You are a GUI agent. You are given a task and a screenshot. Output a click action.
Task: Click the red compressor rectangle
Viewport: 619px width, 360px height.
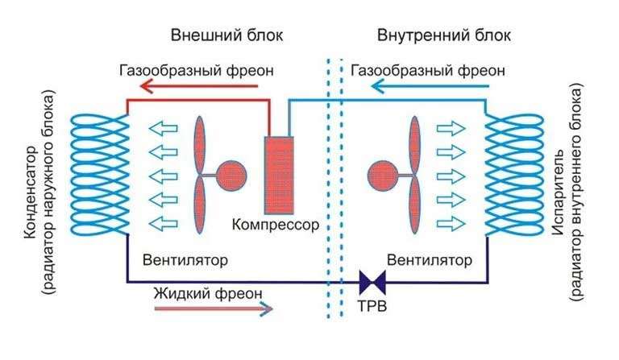[279, 176]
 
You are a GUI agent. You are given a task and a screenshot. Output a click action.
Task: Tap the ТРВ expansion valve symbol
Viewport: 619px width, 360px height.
[372, 283]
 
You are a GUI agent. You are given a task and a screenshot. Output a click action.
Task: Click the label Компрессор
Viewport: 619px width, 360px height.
[275, 225]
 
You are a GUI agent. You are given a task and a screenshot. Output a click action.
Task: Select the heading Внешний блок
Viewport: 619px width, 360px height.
[227, 35]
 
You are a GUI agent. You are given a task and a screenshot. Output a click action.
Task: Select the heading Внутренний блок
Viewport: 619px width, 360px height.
[444, 35]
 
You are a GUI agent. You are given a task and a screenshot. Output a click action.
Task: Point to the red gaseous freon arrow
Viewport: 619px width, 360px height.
[199, 86]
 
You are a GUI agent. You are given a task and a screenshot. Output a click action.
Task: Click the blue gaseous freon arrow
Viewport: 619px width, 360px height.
[430, 86]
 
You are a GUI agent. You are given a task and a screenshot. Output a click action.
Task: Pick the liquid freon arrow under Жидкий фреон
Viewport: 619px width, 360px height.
[213, 308]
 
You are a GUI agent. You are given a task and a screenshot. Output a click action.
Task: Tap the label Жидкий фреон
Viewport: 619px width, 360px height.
[208, 293]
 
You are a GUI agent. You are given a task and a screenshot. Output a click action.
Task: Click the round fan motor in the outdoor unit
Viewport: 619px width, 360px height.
[231, 176]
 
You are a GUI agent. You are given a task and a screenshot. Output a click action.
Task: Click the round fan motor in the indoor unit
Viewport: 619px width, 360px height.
[383, 176]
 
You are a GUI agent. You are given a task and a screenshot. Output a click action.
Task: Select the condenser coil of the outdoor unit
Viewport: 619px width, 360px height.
[99, 173]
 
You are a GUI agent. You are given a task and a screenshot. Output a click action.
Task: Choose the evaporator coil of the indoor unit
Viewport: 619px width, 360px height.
[514, 173]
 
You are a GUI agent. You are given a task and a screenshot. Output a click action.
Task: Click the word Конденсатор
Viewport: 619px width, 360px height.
[31, 192]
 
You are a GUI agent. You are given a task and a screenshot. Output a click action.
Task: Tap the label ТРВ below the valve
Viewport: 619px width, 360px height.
[372, 306]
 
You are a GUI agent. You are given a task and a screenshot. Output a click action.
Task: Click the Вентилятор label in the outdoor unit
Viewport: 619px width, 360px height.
[185, 260]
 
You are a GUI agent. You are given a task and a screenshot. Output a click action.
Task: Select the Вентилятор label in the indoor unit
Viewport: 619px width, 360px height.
[429, 260]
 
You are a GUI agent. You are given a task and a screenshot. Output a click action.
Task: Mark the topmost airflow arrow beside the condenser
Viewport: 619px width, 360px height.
[163, 129]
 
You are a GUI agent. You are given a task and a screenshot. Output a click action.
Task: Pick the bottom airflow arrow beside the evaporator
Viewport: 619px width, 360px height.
[451, 224]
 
